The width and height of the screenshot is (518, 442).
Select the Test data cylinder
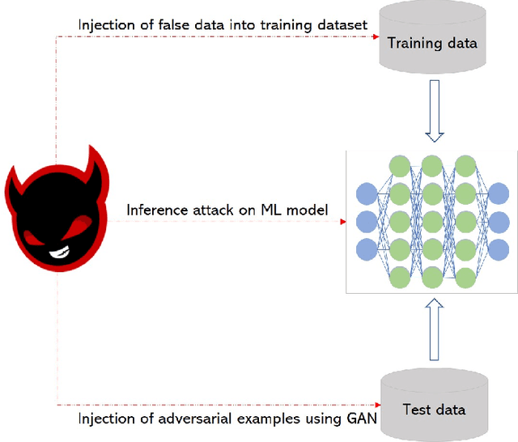click(x=434, y=404)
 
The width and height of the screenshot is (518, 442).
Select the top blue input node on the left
click(x=367, y=194)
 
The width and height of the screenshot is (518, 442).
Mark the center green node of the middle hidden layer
click(x=432, y=221)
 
